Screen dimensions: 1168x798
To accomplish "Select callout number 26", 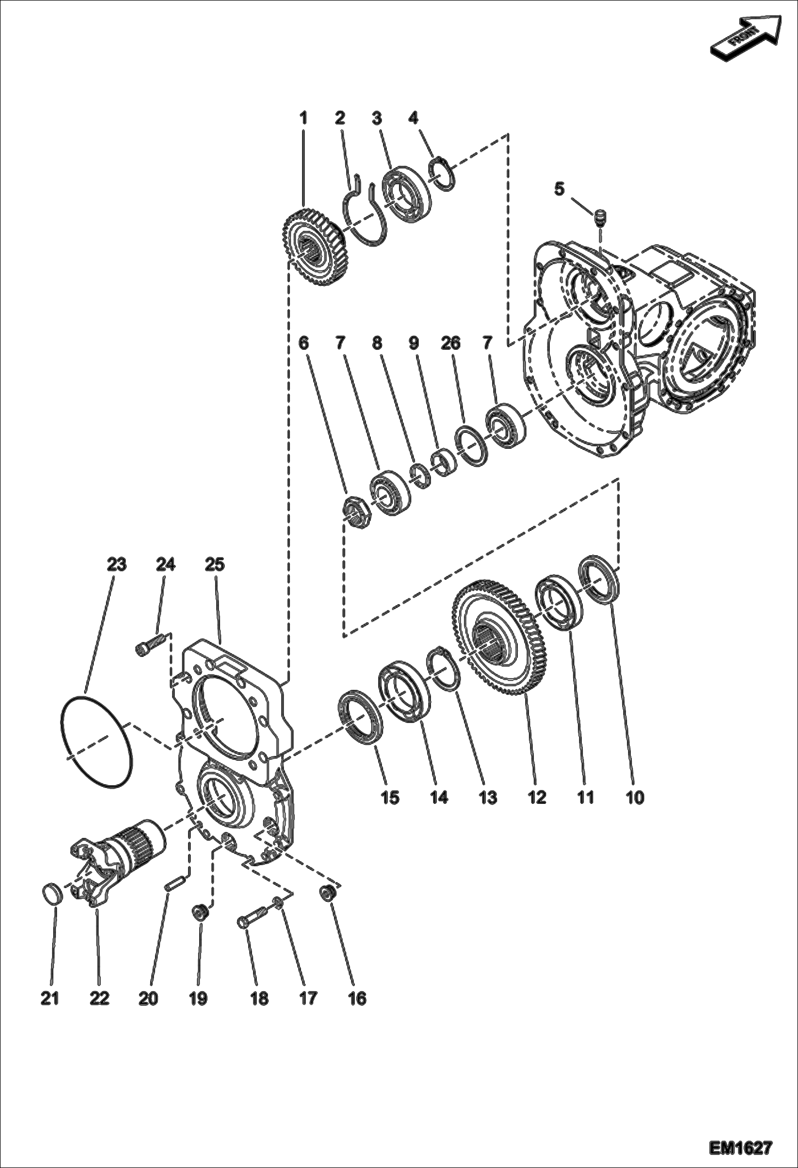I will point(450,343).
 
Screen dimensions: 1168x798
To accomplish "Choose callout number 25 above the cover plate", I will point(215,564).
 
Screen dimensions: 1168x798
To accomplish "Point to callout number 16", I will point(357,999).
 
